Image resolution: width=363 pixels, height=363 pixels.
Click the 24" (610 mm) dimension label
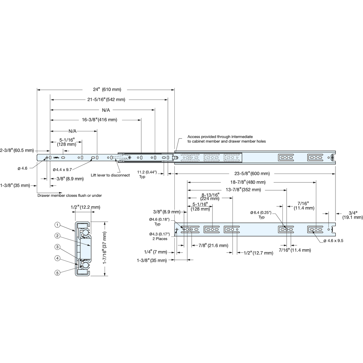click(x=107, y=89)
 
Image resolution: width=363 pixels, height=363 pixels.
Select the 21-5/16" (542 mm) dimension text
click(x=106, y=100)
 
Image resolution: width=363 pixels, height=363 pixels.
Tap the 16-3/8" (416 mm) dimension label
click(x=100, y=120)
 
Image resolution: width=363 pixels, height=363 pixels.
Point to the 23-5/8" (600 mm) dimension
click(x=252, y=174)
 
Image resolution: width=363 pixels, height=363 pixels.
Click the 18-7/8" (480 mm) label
click(x=248, y=182)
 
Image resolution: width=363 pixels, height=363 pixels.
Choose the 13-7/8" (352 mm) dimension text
click(x=243, y=190)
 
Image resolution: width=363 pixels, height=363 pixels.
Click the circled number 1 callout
click(x=57, y=225)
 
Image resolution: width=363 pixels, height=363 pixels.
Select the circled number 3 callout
click(x=57, y=247)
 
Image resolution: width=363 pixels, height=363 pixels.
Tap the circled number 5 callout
click(x=57, y=273)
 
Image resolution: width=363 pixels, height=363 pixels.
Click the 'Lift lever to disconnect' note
click(x=110, y=175)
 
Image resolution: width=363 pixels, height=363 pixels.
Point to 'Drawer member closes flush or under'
click(x=69, y=195)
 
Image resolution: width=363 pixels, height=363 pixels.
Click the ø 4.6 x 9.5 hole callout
click(x=333, y=240)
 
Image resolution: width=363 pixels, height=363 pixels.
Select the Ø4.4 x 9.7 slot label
click(x=62, y=170)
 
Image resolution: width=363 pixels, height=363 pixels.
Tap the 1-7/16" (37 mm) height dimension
click(x=105, y=248)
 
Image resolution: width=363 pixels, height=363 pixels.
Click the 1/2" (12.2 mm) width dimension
click(x=85, y=207)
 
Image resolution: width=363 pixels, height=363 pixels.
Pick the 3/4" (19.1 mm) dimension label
click(x=353, y=215)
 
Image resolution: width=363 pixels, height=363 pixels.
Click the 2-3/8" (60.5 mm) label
click(x=17, y=150)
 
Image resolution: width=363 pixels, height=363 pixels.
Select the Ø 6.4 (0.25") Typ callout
click(x=261, y=215)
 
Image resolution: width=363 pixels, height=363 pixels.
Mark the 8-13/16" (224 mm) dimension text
click(x=210, y=197)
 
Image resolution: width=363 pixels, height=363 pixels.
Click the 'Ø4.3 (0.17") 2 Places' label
click(x=160, y=237)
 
